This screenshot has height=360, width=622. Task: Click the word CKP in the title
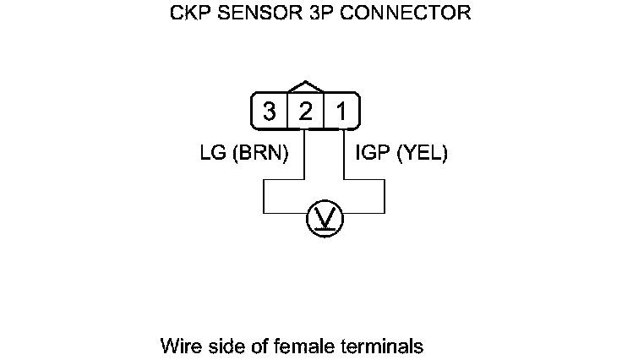pos(192,14)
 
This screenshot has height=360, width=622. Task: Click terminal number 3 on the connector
pos(269,111)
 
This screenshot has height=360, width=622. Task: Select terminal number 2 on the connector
pos(305,111)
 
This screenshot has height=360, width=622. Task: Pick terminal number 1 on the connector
pos(341,111)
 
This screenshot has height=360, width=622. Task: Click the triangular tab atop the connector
pos(305,86)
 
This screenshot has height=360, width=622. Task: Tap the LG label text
pos(212,154)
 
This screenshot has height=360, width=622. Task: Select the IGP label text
pos(370,154)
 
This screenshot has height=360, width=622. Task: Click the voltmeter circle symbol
pos(325,219)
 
